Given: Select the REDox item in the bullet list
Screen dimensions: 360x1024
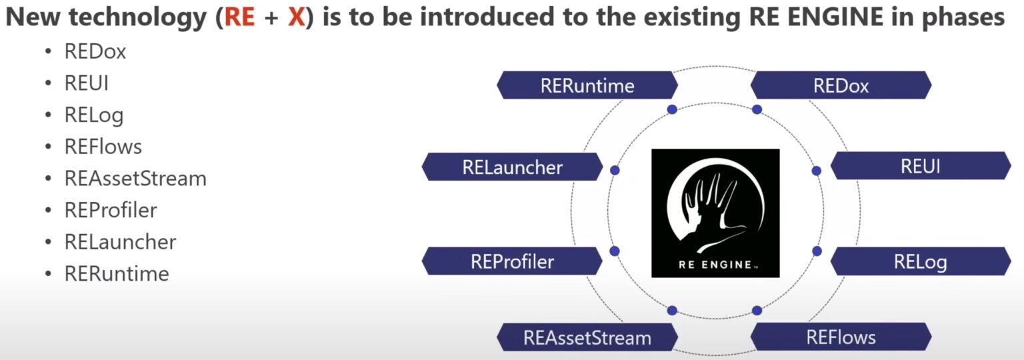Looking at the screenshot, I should tap(95, 52).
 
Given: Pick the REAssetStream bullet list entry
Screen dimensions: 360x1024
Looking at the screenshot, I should tap(135, 179).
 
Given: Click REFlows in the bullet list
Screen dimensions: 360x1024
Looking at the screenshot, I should tap(103, 147).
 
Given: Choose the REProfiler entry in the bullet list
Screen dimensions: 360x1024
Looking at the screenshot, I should tap(111, 211).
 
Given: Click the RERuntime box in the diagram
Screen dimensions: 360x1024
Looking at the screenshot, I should tap(587, 85).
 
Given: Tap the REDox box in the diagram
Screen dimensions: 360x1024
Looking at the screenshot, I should tap(841, 85).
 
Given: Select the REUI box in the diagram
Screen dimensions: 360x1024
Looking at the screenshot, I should tap(920, 166).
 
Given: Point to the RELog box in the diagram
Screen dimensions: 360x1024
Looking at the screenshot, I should tap(920, 261).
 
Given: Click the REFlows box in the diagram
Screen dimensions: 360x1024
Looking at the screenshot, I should tap(841, 337).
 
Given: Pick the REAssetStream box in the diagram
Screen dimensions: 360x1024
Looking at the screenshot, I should tap(587, 337).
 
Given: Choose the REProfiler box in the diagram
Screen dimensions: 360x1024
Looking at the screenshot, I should tap(512, 261).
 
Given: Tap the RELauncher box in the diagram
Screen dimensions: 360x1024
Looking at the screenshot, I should tap(512, 167).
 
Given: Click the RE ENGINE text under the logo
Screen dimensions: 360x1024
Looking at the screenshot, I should tap(715, 263).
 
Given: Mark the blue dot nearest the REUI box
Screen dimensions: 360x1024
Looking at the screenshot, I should tap(816, 171).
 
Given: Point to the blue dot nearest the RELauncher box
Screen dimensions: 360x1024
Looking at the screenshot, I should tap(615, 171).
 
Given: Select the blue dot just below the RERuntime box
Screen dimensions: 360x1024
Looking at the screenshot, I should tap(672, 109).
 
